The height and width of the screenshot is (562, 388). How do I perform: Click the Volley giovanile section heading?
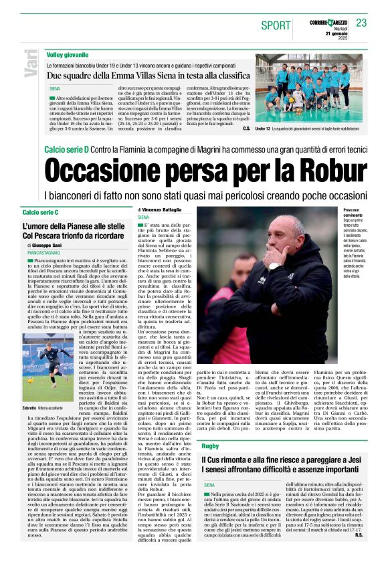point(68,53)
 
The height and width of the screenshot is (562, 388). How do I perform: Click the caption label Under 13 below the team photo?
point(263,128)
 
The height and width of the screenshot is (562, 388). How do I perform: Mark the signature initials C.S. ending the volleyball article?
point(247,128)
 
